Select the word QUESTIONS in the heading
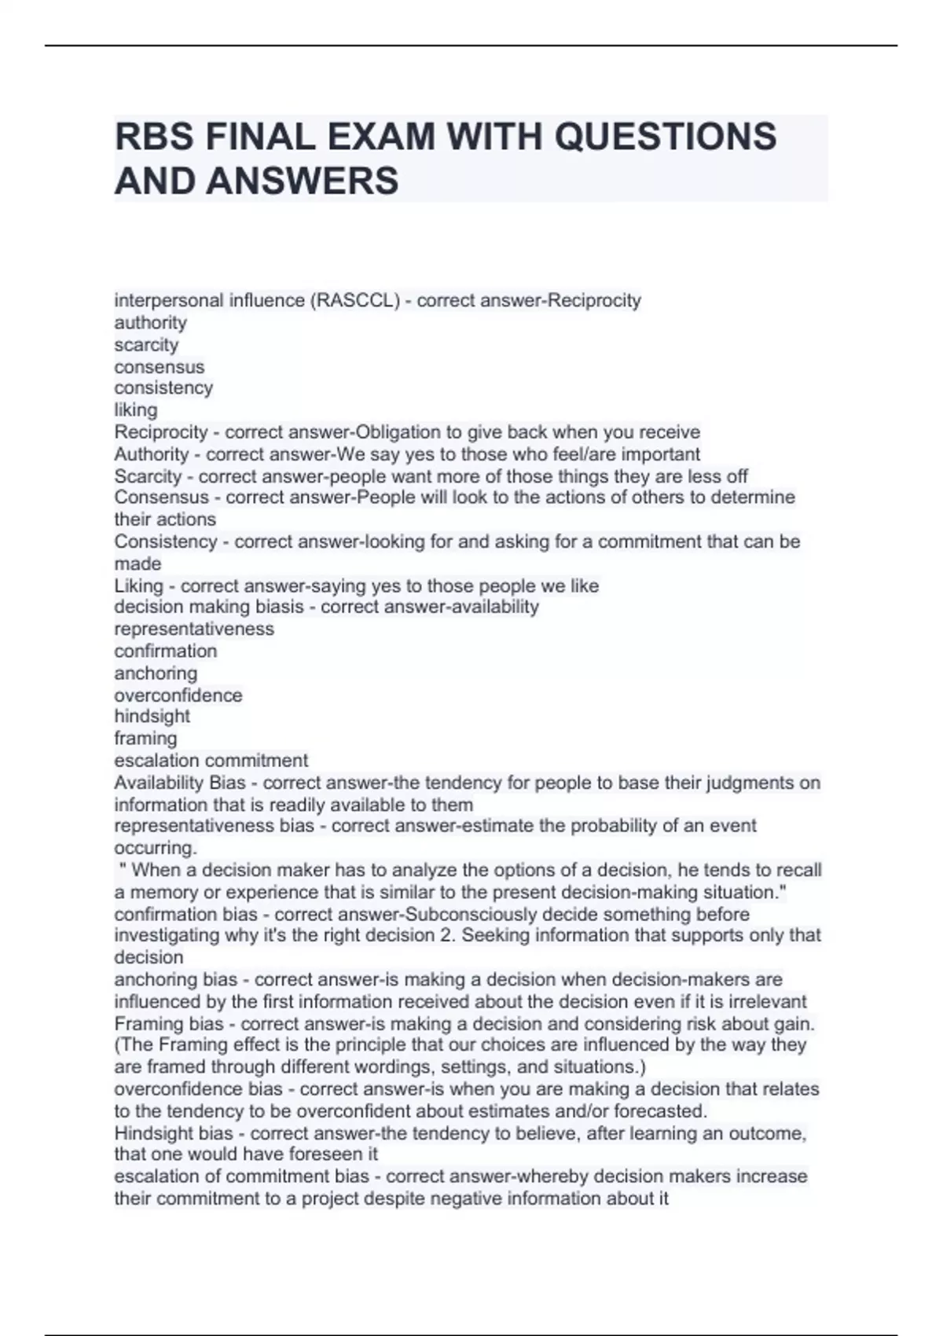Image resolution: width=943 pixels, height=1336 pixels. click(x=666, y=137)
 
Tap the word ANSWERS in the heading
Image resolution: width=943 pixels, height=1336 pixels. click(x=303, y=181)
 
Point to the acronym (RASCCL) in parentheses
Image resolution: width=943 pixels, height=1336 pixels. click(x=355, y=300)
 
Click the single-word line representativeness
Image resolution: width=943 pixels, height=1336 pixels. click(x=194, y=629)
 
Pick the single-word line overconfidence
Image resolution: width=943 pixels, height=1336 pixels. click(x=178, y=695)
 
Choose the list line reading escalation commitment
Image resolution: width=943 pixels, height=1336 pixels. click(x=211, y=761)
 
